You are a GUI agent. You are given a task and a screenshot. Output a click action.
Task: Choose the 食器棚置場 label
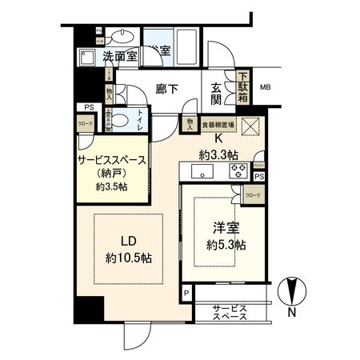tap(218, 125)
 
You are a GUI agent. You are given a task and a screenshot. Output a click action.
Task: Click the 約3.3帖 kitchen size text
tap(218, 153)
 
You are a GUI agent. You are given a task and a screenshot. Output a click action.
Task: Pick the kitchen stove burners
tap(238, 169)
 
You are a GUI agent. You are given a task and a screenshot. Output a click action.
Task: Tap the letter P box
tap(186, 294)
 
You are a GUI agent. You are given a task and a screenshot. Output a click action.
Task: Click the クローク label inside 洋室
tap(252, 195)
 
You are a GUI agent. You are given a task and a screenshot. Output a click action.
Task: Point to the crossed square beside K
tap(252, 128)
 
